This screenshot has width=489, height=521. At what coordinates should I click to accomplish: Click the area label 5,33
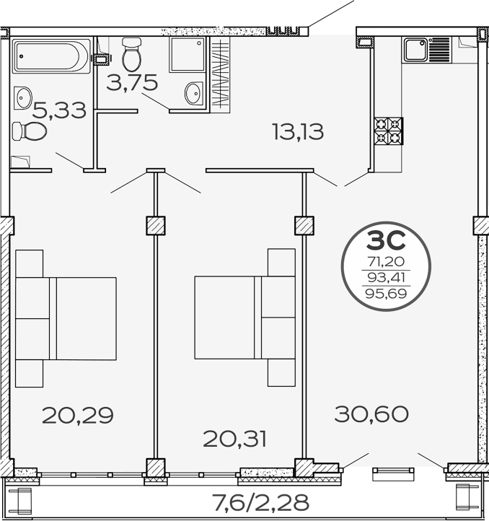click(59, 110)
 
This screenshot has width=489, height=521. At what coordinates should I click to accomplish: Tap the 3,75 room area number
click(132, 83)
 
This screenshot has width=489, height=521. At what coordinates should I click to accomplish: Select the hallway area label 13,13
click(297, 131)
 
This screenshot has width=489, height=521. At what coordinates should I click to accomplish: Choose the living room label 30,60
click(371, 414)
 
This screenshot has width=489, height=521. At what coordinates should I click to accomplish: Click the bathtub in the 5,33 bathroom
click(50, 56)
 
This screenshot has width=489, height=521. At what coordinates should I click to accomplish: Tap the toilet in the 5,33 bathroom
click(30, 131)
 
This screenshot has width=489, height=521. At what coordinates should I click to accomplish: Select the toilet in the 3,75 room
click(132, 53)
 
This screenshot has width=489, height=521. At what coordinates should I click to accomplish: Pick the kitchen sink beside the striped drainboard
click(416, 50)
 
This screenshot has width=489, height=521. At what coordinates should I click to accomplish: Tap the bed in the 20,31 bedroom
click(244, 318)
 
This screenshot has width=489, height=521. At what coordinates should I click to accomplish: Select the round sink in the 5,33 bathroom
click(24, 95)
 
